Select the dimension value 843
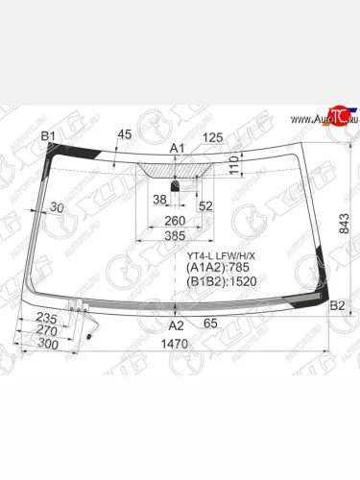(343, 223)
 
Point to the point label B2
(337, 306)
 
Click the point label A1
(177, 147)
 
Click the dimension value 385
(174, 236)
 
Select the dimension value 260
(175, 221)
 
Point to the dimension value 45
(124, 133)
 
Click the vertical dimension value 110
(233, 169)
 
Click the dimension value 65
(210, 324)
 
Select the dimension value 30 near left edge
(57, 208)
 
